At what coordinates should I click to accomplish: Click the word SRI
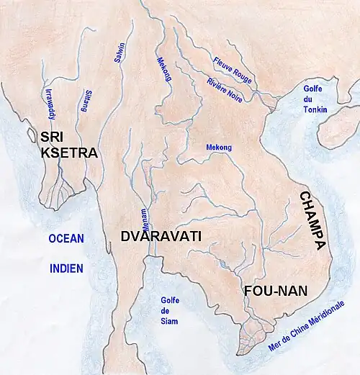click(54, 137)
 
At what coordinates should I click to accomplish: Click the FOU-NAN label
click(276, 291)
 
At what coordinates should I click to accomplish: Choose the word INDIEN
click(66, 268)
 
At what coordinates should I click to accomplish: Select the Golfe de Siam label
click(170, 310)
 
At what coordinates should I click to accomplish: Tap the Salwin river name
click(120, 52)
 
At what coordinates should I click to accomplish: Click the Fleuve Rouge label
click(232, 71)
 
